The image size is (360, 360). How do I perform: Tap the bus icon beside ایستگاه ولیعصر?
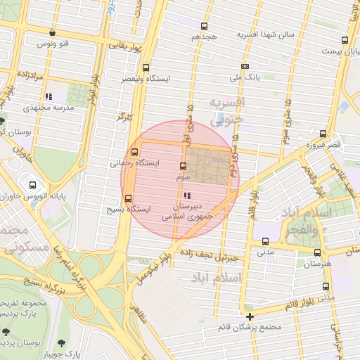pos(145,68)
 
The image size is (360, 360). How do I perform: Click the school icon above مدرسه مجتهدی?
pos(48,96)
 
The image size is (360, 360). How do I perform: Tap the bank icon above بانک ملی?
pos(245,65)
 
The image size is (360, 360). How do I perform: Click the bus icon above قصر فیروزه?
pos(323,134)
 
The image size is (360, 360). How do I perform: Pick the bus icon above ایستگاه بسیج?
pos(128,198)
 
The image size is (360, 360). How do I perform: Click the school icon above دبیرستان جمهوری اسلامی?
pos(186,195)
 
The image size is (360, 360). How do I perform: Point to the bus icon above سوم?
pos(184,167)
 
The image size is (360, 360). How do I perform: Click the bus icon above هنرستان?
pos(316,252)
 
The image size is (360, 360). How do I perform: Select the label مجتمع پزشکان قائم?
pos(250,327)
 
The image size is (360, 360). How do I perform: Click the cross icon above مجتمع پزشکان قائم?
pos(250,316)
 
